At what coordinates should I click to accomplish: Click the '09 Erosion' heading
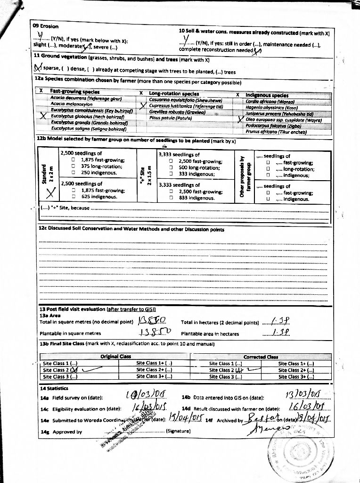(46, 26)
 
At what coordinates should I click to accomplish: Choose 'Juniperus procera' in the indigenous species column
(279, 114)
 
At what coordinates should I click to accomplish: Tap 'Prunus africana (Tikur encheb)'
(276, 132)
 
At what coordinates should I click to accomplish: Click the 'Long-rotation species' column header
(174, 93)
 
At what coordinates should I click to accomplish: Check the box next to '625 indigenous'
(74, 197)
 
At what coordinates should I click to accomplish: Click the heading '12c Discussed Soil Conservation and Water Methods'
(131, 230)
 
